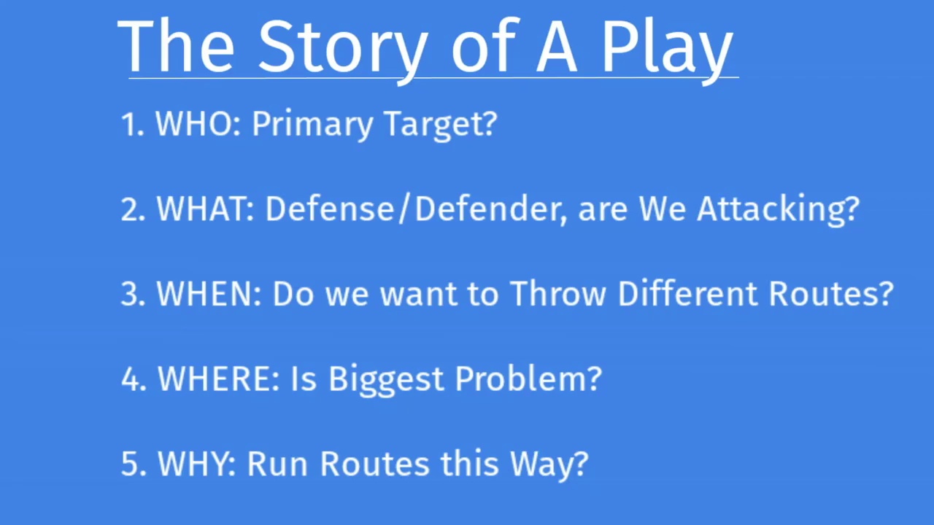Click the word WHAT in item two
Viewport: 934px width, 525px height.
[x=205, y=209]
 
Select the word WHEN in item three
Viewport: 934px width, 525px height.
[x=209, y=294]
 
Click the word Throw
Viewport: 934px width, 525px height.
[x=558, y=293]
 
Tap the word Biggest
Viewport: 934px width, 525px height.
[x=386, y=381]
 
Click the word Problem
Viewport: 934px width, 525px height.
[x=521, y=378]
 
